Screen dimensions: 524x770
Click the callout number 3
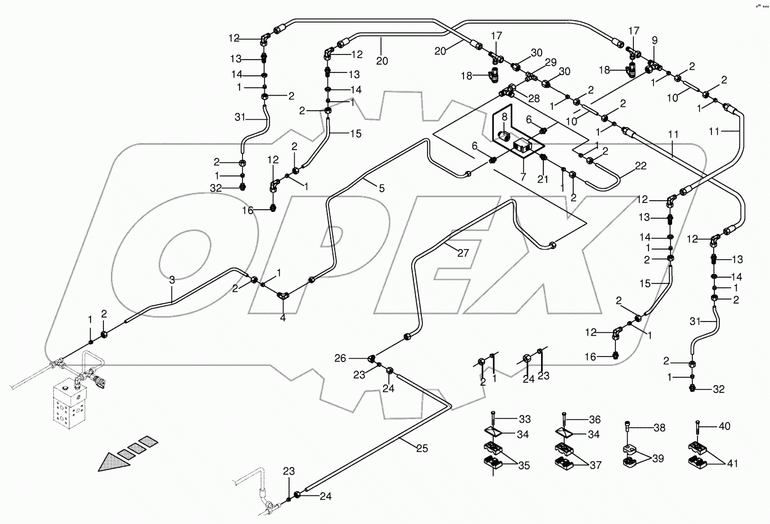172,279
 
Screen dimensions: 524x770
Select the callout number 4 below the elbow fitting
283,318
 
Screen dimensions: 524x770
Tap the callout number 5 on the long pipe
381,189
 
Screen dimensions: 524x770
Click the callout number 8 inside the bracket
505,118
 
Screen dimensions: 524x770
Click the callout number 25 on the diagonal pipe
422,448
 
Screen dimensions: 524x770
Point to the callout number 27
462,253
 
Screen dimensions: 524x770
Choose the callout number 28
533,97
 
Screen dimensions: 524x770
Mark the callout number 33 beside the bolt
524,419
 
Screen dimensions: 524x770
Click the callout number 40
724,426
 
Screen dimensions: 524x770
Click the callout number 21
543,179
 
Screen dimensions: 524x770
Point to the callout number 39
658,458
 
